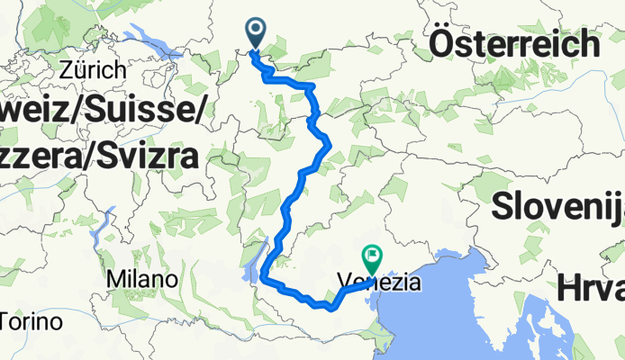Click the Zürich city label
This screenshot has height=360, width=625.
coord(94,69)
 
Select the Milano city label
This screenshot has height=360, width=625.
coord(140,280)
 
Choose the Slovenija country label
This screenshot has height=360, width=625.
coord(558,205)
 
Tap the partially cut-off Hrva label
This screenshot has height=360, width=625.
coord(591,290)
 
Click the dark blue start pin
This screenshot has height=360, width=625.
coord(256,33)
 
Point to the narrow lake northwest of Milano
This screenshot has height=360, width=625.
coord(111,221)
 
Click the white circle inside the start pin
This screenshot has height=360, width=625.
coord(256,30)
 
